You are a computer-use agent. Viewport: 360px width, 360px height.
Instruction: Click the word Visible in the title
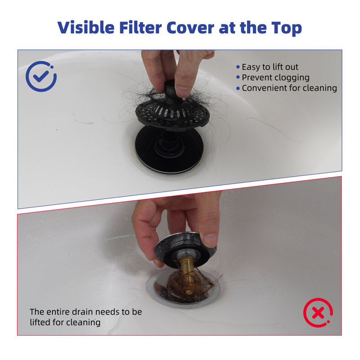86,27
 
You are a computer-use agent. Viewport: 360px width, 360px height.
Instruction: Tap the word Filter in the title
140,27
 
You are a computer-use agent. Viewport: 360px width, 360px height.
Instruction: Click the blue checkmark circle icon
41,76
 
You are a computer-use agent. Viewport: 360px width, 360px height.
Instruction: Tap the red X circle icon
318,312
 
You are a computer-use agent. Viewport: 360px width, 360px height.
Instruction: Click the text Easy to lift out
270,67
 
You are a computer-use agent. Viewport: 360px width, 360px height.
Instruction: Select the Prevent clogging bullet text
275,77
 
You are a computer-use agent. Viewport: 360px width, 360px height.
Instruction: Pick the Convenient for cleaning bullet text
289,88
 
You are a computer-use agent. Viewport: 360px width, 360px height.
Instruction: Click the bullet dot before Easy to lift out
238,67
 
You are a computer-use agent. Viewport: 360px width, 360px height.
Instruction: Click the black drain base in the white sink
169,149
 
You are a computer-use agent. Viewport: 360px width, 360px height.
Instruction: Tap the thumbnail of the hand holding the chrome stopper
210,240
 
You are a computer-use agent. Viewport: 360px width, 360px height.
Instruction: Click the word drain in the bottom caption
83,312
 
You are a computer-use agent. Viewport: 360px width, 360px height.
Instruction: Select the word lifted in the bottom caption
40,322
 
